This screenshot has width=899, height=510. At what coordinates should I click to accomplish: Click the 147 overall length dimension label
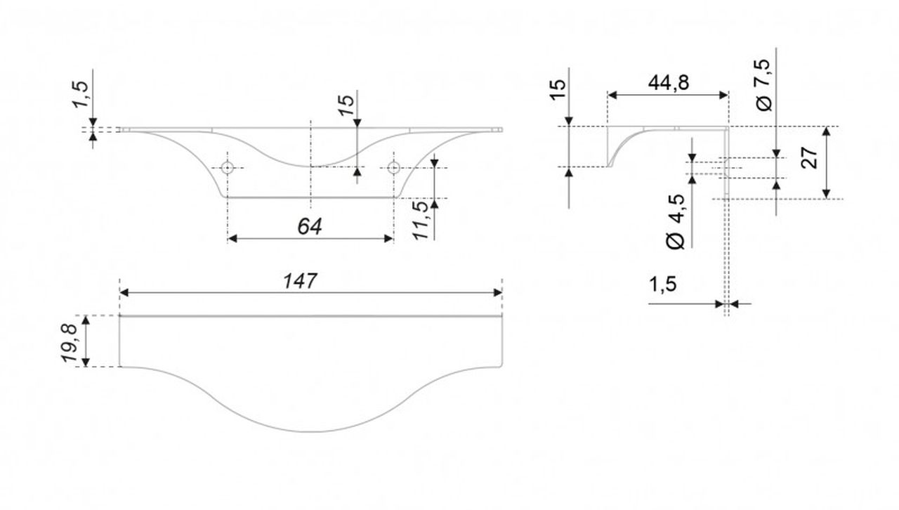click(300, 281)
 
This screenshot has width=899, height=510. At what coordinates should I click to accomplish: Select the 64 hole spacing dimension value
click(310, 226)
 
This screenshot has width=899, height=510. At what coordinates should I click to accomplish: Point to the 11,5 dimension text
click(421, 221)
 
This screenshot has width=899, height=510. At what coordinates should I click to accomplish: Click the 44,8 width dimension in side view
click(668, 83)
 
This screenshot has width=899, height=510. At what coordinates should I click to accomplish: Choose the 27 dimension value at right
click(808, 159)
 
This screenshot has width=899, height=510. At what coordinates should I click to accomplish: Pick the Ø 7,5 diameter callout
click(763, 85)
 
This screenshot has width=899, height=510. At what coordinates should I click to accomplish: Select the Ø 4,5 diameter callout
click(675, 222)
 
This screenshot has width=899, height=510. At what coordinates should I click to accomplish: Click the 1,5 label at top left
click(80, 94)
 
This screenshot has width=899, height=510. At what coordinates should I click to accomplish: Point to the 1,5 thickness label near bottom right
click(662, 285)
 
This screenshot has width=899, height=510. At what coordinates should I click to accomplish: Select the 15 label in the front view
click(346, 105)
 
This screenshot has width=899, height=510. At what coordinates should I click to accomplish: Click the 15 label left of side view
click(558, 89)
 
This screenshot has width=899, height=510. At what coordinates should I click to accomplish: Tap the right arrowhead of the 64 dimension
click(388, 239)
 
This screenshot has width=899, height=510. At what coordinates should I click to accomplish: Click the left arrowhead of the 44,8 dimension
click(612, 95)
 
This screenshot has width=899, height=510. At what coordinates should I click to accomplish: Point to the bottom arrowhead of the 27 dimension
click(827, 194)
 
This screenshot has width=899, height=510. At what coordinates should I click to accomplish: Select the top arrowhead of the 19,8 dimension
click(86, 320)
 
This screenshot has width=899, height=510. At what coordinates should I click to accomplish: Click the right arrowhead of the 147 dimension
click(498, 293)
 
